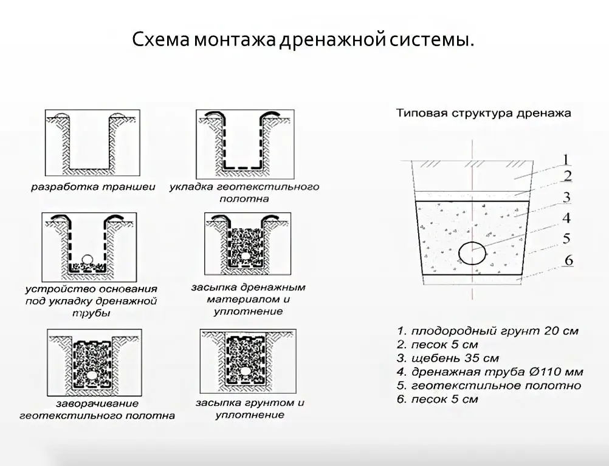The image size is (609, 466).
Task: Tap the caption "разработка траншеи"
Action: [x=94, y=187]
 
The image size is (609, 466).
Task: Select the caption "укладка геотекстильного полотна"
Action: [x=244, y=192]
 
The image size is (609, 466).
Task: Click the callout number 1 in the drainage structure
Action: [x=565, y=160]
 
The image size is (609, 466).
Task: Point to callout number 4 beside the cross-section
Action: [x=566, y=218]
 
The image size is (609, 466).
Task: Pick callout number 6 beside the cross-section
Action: [x=568, y=260]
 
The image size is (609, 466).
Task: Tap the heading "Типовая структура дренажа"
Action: [x=483, y=113]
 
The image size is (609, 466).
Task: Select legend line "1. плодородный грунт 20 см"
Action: [x=487, y=331]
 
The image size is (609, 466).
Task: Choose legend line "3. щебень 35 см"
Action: [x=448, y=359]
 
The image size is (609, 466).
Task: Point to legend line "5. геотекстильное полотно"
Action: [x=489, y=385]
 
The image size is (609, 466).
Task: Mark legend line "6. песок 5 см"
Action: [x=437, y=399]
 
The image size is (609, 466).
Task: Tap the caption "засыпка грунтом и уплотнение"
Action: [x=249, y=409]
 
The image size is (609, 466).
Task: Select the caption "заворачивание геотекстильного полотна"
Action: [x=97, y=410]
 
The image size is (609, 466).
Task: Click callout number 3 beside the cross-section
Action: [x=566, y=197]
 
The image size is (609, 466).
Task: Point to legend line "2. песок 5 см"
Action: [x=437, y=345]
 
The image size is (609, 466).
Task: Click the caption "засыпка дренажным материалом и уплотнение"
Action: [x=248, y=299]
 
